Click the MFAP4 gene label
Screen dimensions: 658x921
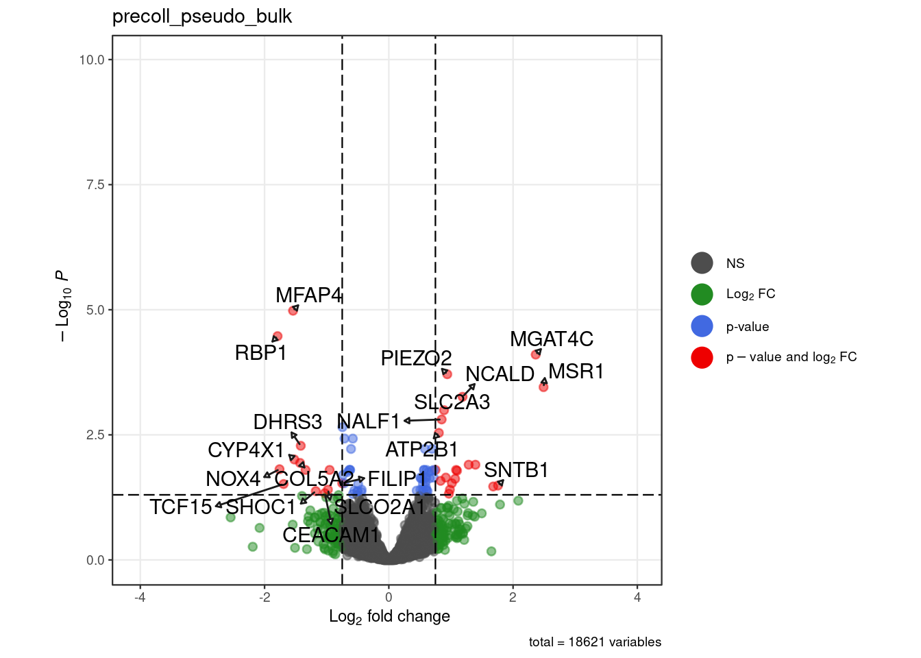click(308, 295)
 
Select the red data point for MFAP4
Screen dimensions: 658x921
click(293, 310)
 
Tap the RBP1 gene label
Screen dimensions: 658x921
click(260, 352)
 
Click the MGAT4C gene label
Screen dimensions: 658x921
click(552, 339)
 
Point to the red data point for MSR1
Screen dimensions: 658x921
click(543, 387)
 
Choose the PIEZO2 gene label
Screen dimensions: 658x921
click(416, 358)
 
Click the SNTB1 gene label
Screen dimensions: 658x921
click(516, 470)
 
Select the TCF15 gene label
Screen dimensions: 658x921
click(181, 507)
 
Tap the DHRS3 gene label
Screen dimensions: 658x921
click(287, 422)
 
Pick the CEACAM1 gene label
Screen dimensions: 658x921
click(331, 535)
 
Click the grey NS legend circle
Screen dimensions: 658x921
click(702, 263)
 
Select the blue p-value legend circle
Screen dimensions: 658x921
click(702, 326)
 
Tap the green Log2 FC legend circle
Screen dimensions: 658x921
click(702, 294)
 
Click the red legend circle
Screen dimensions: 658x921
click(702, 357)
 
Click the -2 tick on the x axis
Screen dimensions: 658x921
click(265, 597)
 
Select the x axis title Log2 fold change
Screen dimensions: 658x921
click(389, 616)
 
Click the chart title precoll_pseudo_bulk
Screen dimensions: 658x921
click(202, 16)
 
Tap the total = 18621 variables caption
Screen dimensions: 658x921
click(595, 642)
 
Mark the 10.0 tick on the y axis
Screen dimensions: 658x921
click(92, 60)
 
